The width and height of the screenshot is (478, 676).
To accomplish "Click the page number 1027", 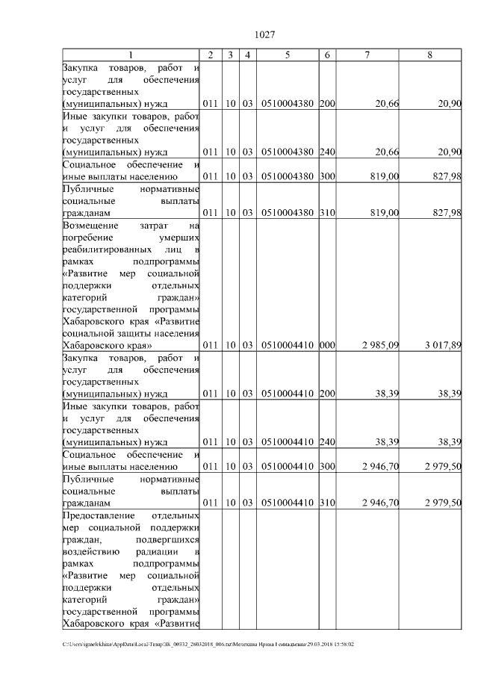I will (266, 35).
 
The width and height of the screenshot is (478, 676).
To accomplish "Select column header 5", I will (288, 55).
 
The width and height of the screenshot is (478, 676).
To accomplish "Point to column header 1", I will (131, 55).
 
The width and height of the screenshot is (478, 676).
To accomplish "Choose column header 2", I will (211, 55).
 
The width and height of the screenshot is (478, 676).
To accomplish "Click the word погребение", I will (90, 237).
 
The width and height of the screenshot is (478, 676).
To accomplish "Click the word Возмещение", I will (90, 225).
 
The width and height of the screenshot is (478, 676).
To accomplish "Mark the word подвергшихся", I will (169, 540).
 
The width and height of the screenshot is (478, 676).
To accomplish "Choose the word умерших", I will (179, 237).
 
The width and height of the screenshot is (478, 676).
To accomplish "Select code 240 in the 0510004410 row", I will (327, 442).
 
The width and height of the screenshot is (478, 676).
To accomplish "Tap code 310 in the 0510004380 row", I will (327, 213).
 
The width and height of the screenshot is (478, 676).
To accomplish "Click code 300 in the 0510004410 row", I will (327, 467).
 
